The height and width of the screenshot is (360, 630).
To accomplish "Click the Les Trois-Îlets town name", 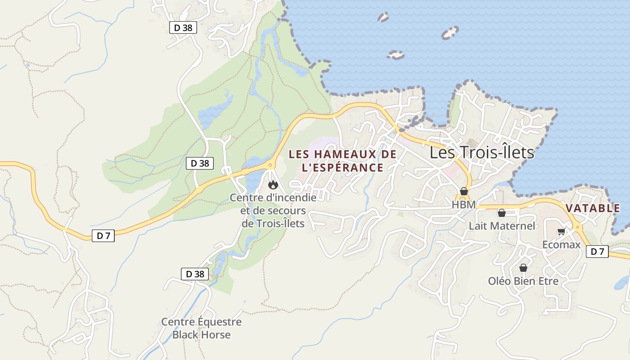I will click(481, 153).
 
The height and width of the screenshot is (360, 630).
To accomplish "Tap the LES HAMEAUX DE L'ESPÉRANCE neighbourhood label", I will click(342, 161).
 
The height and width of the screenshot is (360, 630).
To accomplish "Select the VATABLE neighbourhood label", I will click(593, 208).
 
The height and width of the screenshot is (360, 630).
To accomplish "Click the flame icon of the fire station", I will click(272, 184).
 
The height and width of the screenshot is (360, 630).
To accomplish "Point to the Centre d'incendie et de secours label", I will click(273, 210).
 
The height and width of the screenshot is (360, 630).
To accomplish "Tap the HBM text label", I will click(463, 205).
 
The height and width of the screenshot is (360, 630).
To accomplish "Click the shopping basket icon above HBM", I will click(464, 191).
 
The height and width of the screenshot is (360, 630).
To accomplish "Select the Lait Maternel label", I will click(502, 226).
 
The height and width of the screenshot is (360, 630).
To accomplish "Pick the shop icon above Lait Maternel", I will click(501, 213).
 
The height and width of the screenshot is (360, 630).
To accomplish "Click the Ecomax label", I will click(561, 245).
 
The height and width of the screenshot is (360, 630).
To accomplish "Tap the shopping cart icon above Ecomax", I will click(561, 232).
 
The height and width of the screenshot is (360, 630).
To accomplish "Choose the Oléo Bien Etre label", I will click(523, 281).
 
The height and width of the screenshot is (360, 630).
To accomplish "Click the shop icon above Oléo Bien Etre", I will click(523, 268).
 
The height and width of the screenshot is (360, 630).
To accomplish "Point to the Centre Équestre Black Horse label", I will click(201, 328).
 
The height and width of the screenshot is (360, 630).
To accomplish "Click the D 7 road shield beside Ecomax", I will click(597, 252).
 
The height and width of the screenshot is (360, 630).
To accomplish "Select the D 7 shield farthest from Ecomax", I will click(103, 235).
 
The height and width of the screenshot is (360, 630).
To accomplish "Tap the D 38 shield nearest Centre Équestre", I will click(194, 274).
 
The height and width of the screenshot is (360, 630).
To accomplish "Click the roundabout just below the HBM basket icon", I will click(463, 198).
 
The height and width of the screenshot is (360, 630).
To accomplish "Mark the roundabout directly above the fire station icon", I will click(270, 165).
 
